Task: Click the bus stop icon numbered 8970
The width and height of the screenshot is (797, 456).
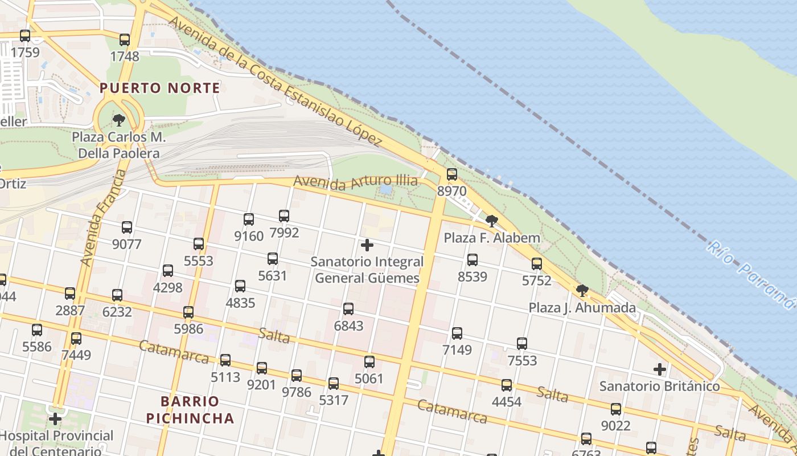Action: (x=451, y=174)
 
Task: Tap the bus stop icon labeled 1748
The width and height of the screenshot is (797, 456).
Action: (x=124, y=40)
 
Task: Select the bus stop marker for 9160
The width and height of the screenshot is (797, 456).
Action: (x=248, y=219)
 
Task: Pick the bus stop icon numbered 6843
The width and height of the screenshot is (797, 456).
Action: (x=348, y=309)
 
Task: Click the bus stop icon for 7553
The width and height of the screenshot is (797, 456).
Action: (x=521, y=344)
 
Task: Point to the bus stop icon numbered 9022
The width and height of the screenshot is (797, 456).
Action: (x=615, y=409)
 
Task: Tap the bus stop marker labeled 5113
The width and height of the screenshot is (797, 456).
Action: (x=225, y=360)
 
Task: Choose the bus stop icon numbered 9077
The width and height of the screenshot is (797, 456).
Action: (x=126, y=227)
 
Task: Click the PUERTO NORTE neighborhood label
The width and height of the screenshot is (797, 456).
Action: (x=159, y=88)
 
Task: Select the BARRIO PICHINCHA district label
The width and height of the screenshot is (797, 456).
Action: (x=190, y=410)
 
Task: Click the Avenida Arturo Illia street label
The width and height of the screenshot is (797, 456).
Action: (x=355, y=182)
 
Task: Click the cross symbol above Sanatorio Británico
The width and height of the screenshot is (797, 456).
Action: (x=659, y=369)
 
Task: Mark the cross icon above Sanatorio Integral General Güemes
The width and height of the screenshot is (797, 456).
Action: (x=367, y=245)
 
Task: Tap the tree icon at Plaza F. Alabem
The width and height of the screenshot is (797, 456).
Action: (x=491, y=221)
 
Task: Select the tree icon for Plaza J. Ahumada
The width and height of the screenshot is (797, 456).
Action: (x=582, y=291)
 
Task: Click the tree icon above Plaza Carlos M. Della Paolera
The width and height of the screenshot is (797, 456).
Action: (x=118, y=120)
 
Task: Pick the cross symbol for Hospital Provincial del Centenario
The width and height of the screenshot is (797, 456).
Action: (x=55, y=420)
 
